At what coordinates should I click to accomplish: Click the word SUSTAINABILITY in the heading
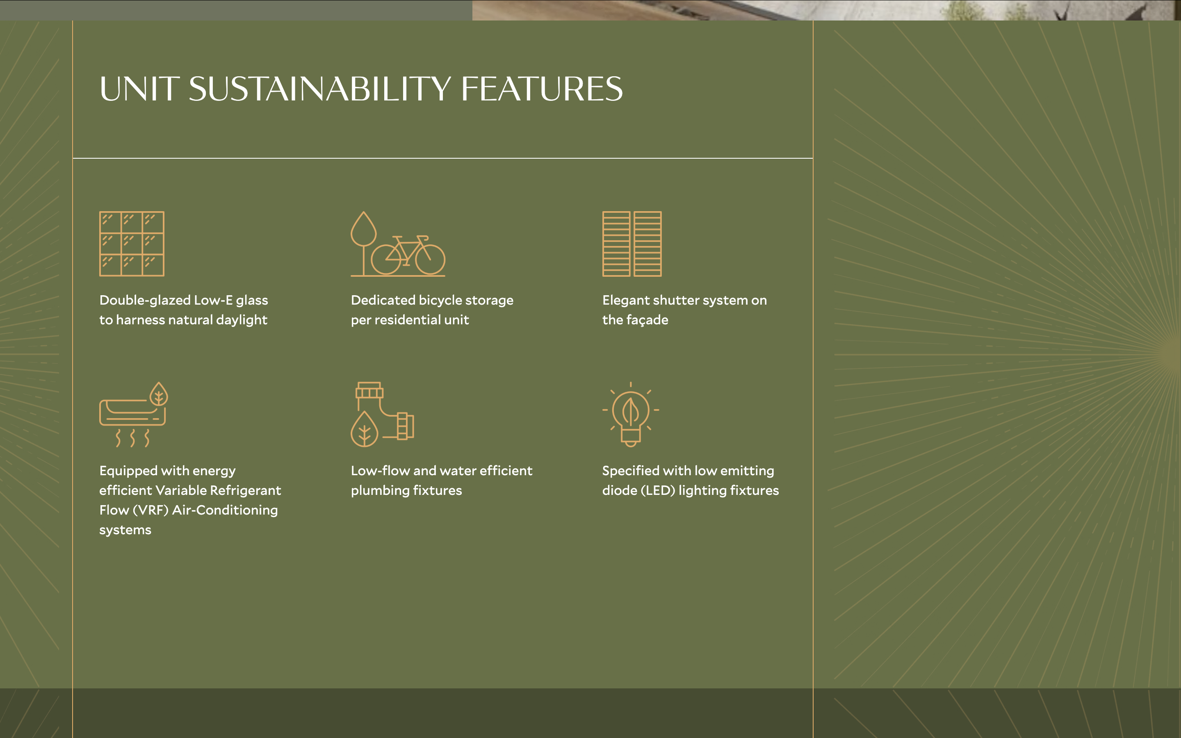(320, 89)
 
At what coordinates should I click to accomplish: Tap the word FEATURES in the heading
(542, 89)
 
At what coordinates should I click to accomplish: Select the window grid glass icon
(132, 244)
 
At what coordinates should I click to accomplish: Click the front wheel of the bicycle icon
(430, 259)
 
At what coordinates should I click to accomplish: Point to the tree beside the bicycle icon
(364, 244)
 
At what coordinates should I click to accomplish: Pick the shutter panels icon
(632, 244)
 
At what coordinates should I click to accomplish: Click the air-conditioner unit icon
(132, 413)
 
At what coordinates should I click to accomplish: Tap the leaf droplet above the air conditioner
(159, 394)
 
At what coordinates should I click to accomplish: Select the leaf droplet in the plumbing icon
(365, 430)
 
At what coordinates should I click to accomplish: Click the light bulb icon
(631, 415)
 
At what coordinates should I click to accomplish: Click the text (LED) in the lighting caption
(658, 490)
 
